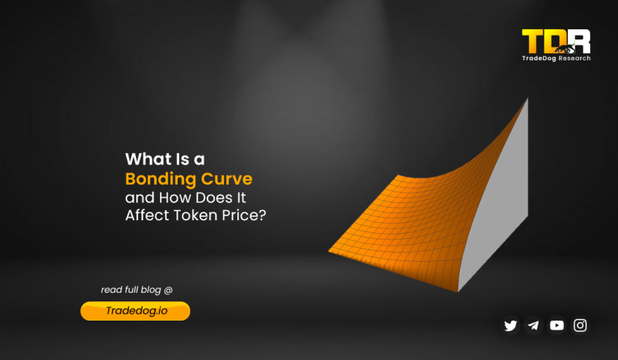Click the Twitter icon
click(x=511, y=325)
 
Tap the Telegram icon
click(x=534, y=325)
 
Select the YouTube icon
click(x=557, y=325)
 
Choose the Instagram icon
click(x=580, y=325)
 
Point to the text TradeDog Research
click(x=555, y=59)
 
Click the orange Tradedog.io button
click(x=135, y=311)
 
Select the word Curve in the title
click(x=225, y=178)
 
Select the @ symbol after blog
click(x=168, y=290)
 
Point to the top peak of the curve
click(x=528, y=100)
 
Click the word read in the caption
click(x=111, y=290)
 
